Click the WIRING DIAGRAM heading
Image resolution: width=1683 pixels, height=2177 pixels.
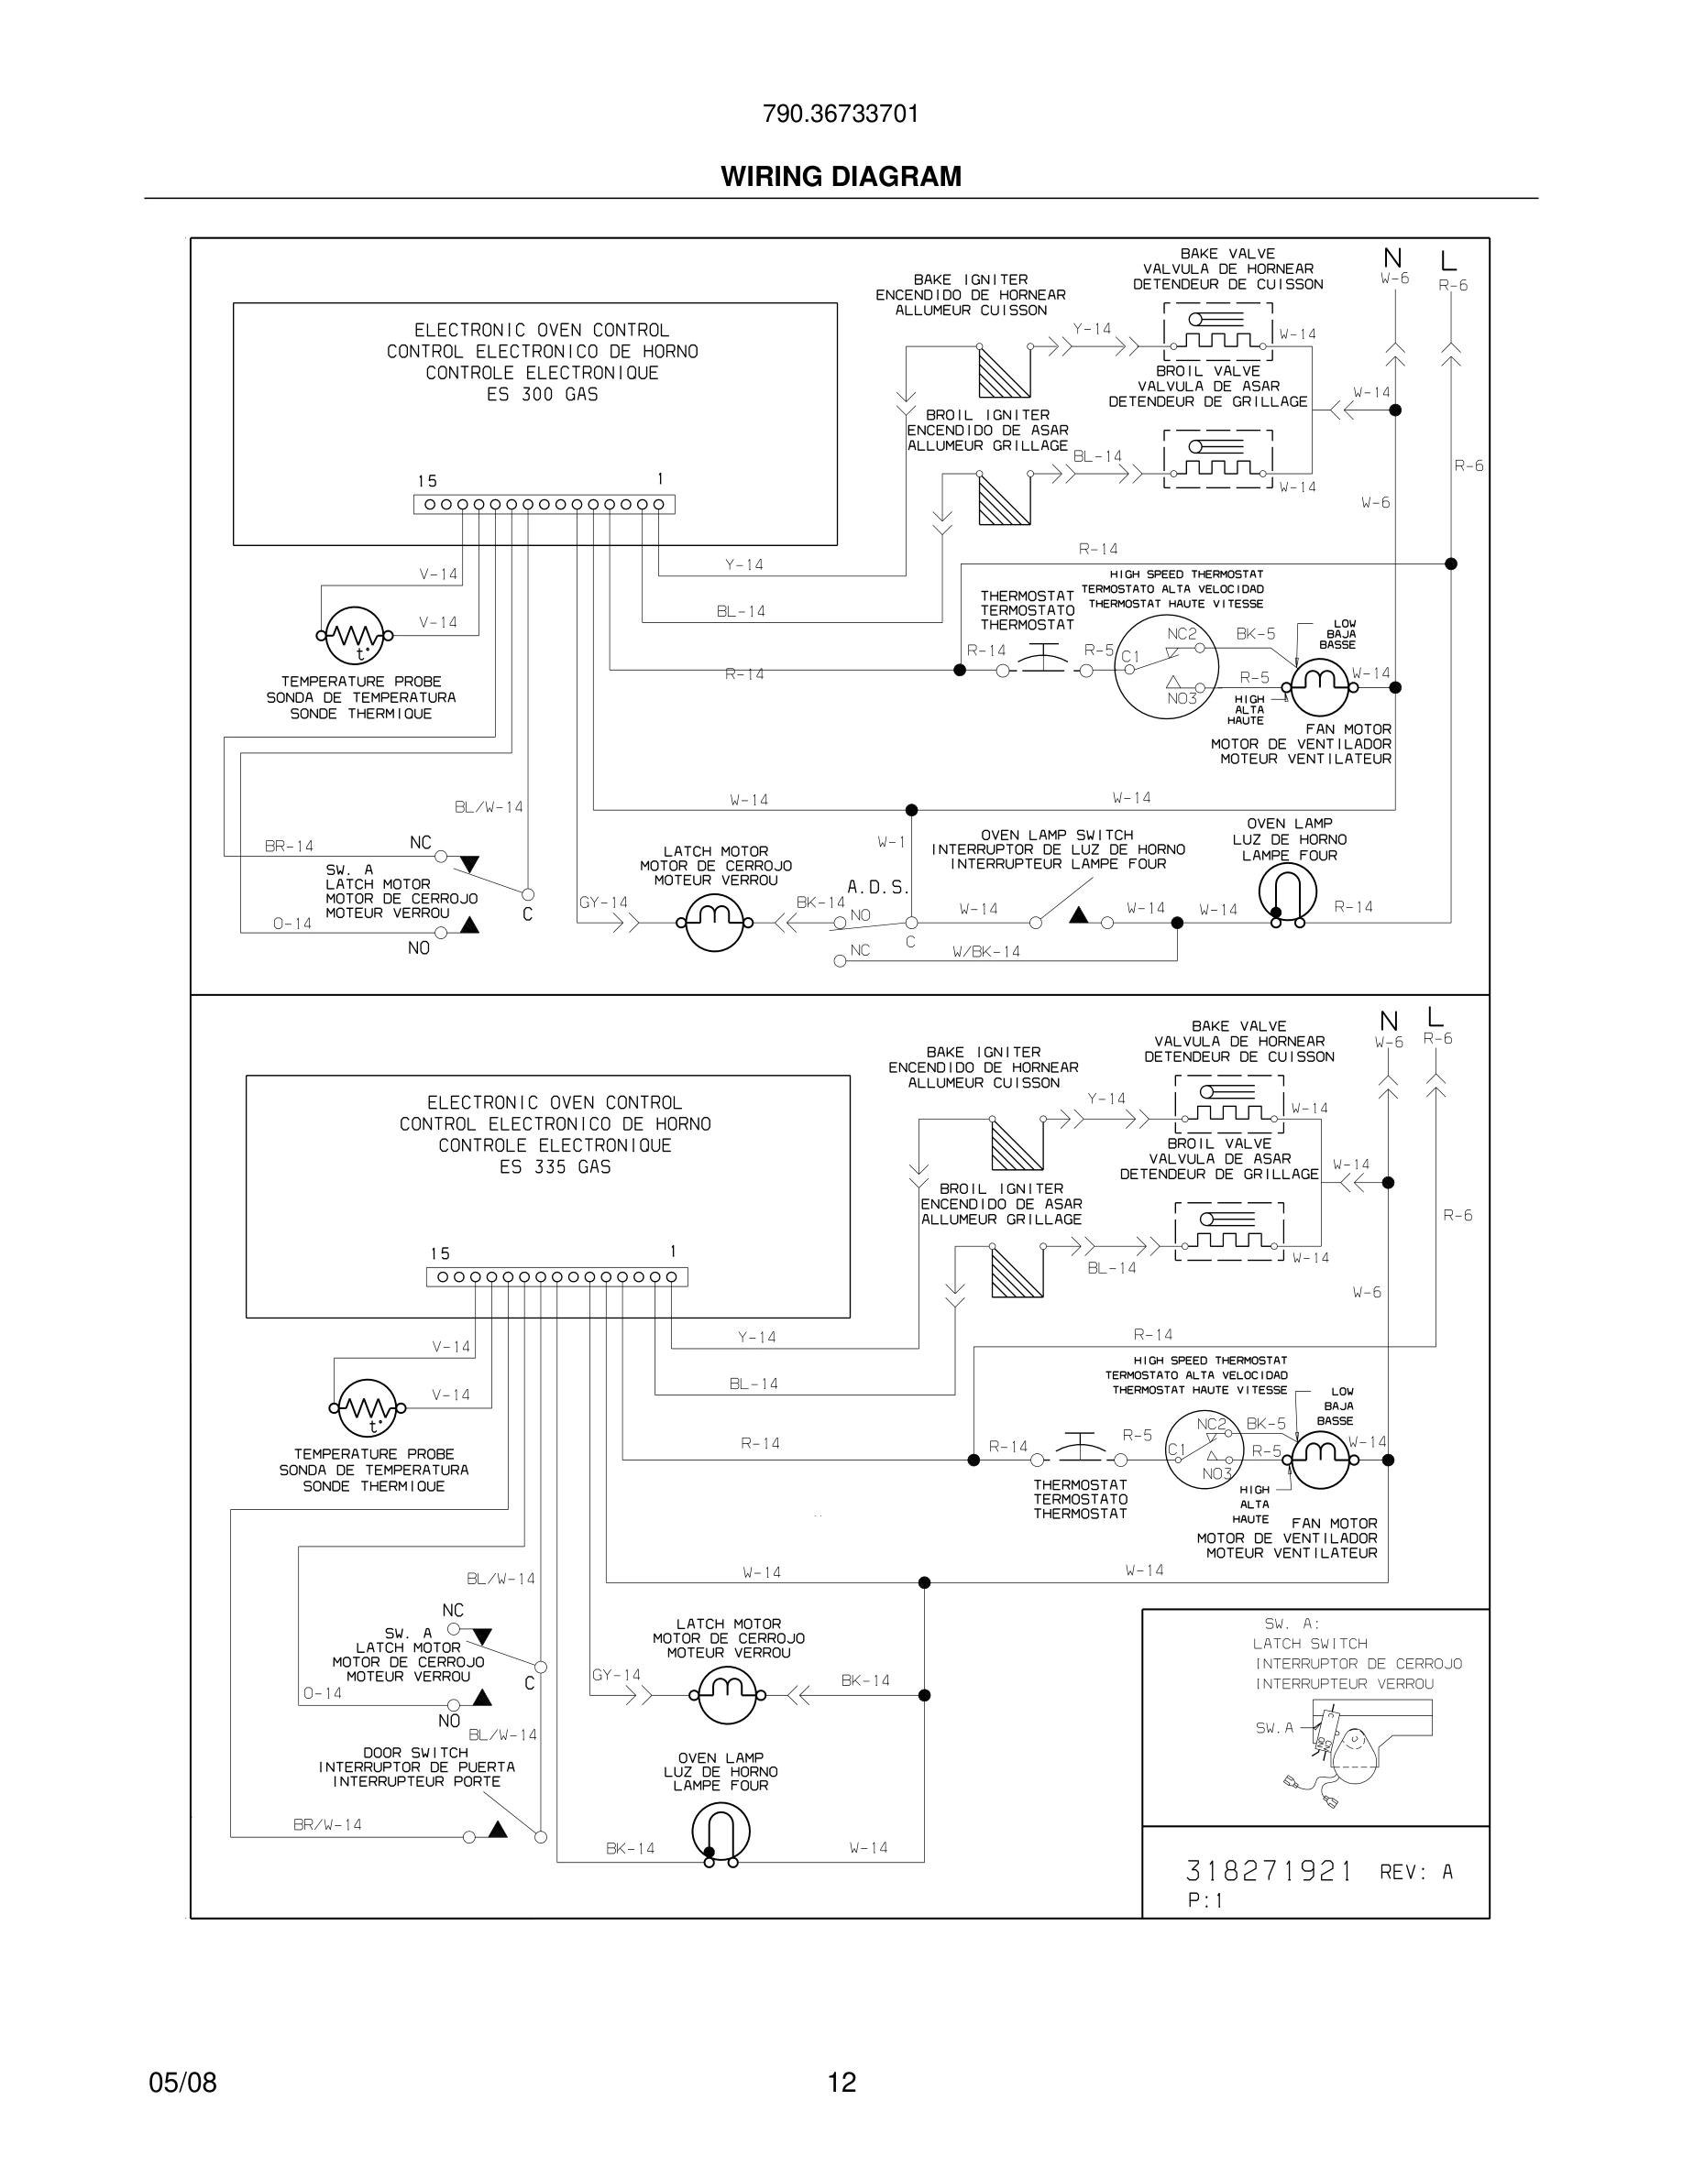[841, 177]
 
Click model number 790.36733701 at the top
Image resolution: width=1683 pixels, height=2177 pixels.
[841, 114]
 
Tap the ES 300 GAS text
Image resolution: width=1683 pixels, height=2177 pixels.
[542, 395]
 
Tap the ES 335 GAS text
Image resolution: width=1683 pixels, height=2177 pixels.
[555, 1167]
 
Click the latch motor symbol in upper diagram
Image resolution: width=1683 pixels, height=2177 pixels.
[715, 922]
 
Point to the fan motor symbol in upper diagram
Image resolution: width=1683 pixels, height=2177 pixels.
[1319, 687]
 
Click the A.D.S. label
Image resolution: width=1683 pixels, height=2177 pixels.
[877, 886]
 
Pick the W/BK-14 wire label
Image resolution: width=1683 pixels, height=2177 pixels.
[986, 952]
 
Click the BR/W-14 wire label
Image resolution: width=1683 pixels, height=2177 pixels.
[327, 1825]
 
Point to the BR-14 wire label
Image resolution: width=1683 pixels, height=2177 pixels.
[289, 847]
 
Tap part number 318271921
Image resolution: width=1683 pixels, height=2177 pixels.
[1269, 1871]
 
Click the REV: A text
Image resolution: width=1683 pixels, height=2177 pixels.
[1416, 1873]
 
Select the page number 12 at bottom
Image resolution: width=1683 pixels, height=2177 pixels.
[841, 2083]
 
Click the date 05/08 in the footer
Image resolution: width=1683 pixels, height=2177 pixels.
[182, 2083]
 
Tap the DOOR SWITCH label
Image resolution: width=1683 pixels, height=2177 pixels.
[416, 1753]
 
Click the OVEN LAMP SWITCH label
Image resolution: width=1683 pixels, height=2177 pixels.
[1057, 836]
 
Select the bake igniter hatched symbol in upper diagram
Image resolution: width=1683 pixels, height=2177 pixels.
[1003, 373]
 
